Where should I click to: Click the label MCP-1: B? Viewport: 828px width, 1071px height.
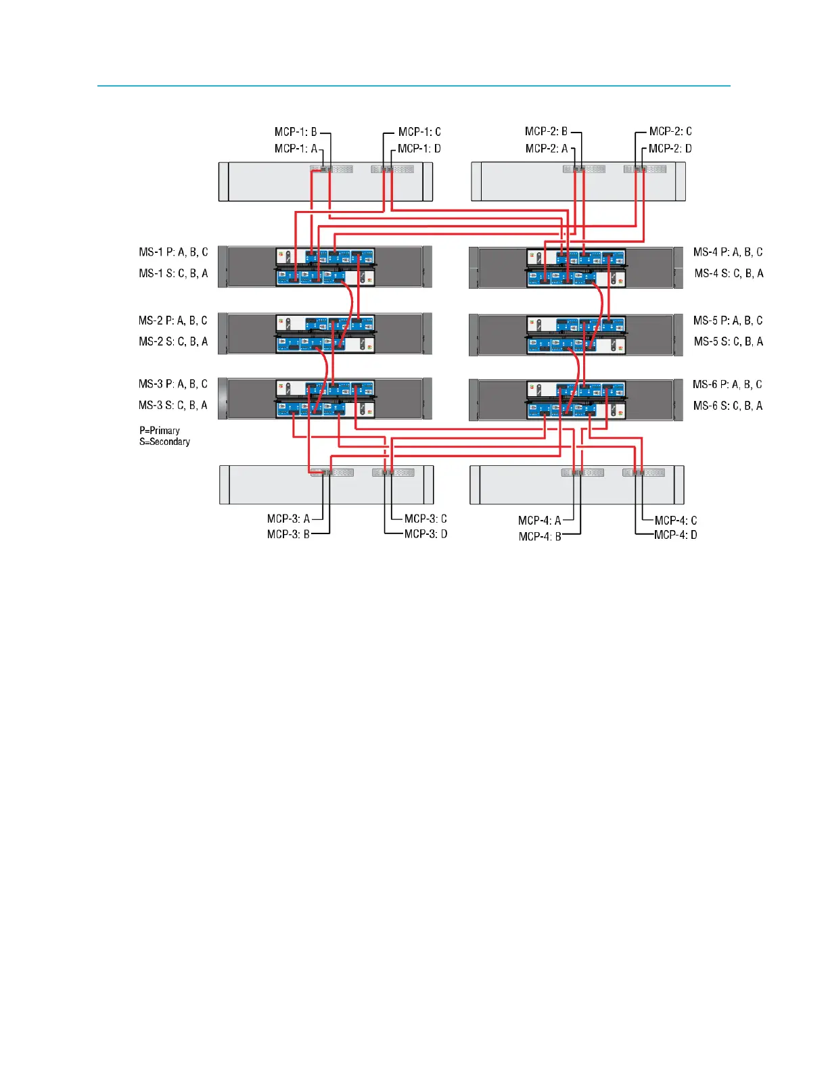[x=296, y=133]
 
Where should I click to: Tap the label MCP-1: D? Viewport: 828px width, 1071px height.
[x=419, y=149]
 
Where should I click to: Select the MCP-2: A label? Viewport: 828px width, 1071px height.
[x=547, y=149]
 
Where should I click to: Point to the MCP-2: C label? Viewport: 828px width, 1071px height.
[x=670, y=132]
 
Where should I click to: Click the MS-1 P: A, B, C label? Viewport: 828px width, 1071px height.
[x=173, y=252]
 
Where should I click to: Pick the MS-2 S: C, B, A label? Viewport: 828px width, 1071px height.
[x=173, y=341]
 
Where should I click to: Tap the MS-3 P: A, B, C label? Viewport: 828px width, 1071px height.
[x=173, y=384]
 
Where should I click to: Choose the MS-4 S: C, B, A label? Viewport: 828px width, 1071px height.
[x=729, y=273]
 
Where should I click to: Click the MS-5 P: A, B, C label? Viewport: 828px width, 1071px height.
[x=728, y=320]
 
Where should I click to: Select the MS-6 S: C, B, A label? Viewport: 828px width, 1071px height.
[x=728, y=406]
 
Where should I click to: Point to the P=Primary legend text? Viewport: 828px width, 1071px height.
[x=160, y=431]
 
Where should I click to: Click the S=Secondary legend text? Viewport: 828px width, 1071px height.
[x=164, y=442]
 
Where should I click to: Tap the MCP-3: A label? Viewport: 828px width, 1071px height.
[x=288, y=519]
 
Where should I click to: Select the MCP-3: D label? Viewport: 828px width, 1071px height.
[x=425, y=534]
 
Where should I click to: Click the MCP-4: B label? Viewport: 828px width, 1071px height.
[x=540, y=537]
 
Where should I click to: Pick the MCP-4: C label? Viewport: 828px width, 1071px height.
[x=676, y=521]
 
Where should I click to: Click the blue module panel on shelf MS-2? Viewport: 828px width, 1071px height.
[x=325, y=334]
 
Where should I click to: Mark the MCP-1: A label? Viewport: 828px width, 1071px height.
[x=296, y=149]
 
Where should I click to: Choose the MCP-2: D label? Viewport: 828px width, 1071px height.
[x=670, y=149]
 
